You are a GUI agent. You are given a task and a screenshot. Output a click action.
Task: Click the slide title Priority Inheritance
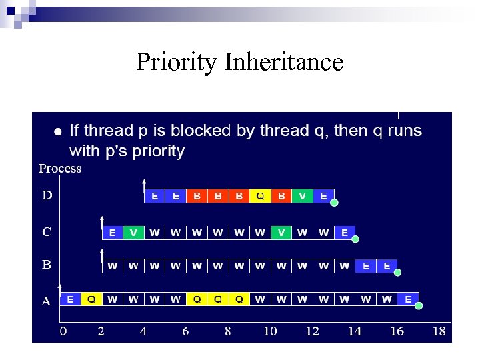coord(239,62)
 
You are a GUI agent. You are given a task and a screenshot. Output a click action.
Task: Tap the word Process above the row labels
coord(60,169)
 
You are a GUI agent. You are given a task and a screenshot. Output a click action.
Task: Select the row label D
coord(47,195)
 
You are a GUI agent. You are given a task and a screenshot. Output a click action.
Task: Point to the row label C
coord(47,232)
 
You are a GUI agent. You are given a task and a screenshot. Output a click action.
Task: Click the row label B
coord(47,265)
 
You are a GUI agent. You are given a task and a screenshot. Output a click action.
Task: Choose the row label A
coord(46,301)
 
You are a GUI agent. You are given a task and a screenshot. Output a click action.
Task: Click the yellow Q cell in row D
coord(260,196)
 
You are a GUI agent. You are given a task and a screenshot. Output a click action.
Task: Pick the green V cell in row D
coord(303,196)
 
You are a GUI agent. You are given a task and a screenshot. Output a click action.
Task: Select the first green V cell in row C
coord(133,233)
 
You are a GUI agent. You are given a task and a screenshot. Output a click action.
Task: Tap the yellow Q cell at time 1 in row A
coord(91,299)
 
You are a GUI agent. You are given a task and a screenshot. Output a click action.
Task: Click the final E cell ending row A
coord(408,299)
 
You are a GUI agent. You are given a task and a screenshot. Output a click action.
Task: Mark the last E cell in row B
coord(387,266)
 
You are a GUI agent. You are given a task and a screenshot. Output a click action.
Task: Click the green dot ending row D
coord(335,203)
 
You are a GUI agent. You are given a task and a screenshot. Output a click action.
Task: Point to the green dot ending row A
coord(419,306)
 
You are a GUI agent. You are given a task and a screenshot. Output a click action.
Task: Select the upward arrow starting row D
coord(144,187)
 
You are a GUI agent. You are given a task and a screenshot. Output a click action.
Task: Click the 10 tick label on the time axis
coord(270,331)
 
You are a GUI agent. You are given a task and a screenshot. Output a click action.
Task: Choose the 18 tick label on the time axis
coord(439,331)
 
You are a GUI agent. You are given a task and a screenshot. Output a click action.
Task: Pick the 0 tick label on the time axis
coord(63,331)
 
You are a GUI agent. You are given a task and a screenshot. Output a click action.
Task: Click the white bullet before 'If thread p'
coord(58,131)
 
